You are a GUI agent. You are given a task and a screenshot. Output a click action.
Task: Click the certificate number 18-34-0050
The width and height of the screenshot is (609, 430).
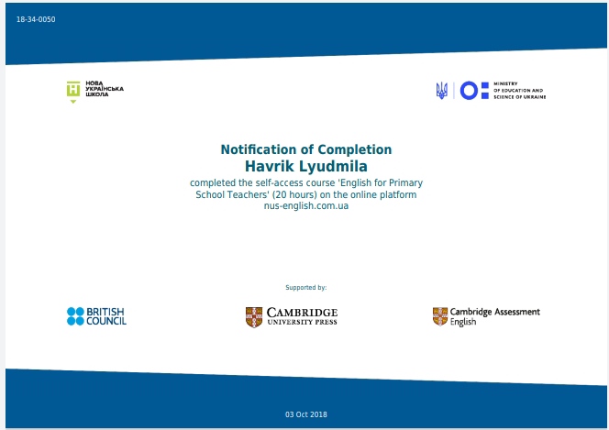coord(36,19)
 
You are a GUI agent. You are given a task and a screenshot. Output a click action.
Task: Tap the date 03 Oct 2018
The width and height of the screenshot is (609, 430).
coord(306,414)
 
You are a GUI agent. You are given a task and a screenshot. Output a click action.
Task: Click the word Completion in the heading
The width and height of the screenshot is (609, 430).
coord(355,149)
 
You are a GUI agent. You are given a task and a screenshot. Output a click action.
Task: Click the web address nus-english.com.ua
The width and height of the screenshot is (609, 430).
coord(306,205)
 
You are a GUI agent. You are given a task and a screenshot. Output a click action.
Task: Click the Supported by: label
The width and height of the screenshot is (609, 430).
coord(306,288)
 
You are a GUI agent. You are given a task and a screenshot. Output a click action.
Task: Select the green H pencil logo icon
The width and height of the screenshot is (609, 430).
coord(73,92)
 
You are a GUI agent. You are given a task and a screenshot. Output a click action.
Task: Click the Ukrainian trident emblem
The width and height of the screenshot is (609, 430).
coord(441,91)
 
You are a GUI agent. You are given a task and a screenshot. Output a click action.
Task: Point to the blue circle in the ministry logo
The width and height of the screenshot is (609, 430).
coord(469,91)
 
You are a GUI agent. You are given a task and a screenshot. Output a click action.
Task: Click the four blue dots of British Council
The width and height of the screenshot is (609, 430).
coord(75,316)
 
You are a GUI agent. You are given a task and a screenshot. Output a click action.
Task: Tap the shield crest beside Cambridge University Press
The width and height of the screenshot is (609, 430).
coord(254,317)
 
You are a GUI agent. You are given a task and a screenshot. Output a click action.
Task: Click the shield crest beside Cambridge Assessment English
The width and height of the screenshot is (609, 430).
coord(440,316)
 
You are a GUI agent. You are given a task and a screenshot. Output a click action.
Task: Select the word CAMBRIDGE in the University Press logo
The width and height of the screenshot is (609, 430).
coord(302,313)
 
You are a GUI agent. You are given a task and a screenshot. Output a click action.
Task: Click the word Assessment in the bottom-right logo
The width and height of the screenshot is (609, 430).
coord(517,312)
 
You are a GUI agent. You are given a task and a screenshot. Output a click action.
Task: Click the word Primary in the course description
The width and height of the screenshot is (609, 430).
coord(406,182)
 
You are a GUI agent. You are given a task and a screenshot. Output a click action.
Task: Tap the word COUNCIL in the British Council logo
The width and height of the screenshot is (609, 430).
coord(106,321)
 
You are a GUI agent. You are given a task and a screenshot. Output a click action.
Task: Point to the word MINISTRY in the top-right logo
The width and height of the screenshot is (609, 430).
coord(505,83)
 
